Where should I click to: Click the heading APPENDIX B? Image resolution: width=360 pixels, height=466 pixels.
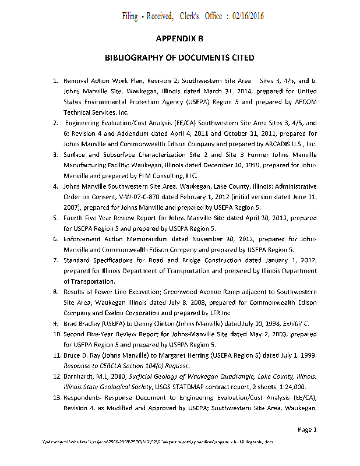pos(179,38)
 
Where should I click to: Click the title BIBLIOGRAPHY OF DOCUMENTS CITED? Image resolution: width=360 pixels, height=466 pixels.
pos(179,59)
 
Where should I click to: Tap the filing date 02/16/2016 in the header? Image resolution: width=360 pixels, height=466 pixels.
pos(248,16)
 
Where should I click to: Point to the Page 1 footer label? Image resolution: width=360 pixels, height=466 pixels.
pos(307,430)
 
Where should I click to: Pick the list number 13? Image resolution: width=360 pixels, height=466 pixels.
pos(54,396)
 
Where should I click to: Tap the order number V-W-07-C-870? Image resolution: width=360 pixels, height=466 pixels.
pos(131,196)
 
